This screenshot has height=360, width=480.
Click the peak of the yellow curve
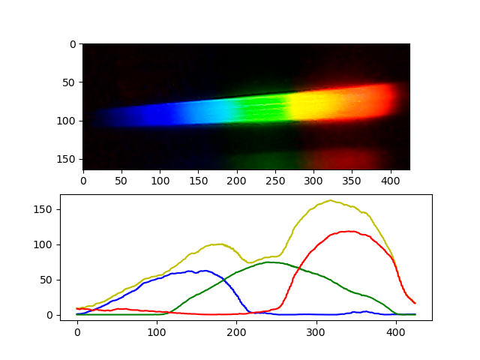[x=330, y=200]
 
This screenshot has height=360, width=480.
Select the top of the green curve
[x=268, y=262]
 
